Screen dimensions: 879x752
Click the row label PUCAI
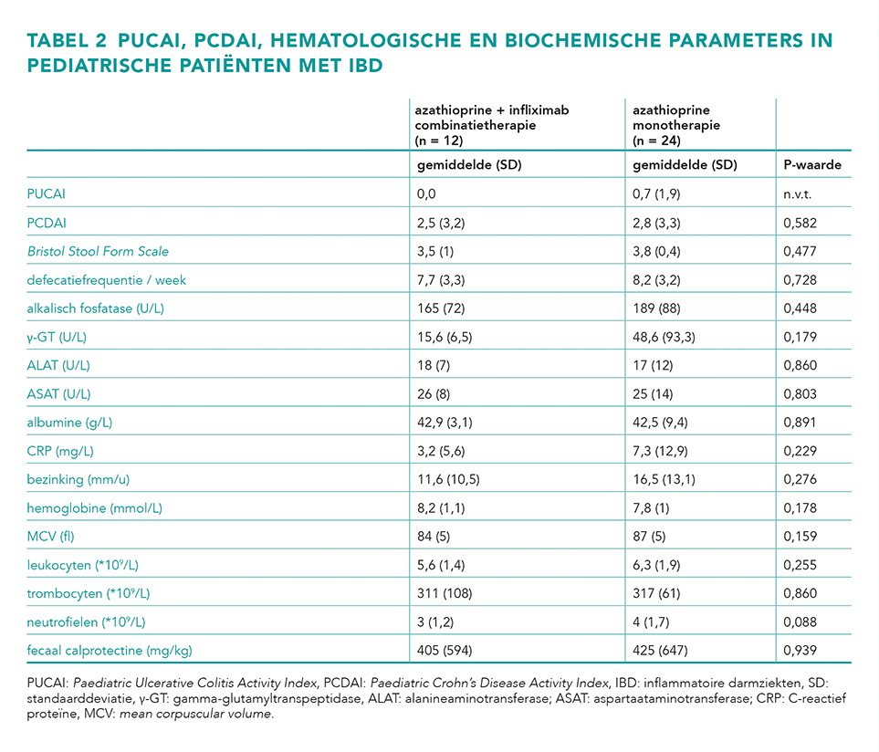coord(46,193)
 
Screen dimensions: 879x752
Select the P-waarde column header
coord(812,165)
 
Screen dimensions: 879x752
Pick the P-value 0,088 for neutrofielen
coord(800,622)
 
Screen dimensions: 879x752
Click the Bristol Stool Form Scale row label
coord(98,251)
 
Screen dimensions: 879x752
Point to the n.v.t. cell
coord(797,194)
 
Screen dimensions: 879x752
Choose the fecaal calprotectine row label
coord(110,651)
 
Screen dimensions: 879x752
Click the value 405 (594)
coord(445,651)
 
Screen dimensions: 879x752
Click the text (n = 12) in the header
coord(439,141)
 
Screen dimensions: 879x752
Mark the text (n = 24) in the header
coord(656,141)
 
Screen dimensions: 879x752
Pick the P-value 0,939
coord(800,651)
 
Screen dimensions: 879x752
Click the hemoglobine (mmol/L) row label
coord(94,508)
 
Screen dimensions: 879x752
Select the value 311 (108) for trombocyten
coord(445,593)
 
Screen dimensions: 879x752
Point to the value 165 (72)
coord(441,308)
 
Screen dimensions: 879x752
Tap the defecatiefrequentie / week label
coord(107,280)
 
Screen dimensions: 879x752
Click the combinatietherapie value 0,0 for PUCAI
coord(426,193)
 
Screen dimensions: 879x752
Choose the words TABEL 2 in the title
coord(66,40)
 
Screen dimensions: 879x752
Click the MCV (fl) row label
coord(50,537)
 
